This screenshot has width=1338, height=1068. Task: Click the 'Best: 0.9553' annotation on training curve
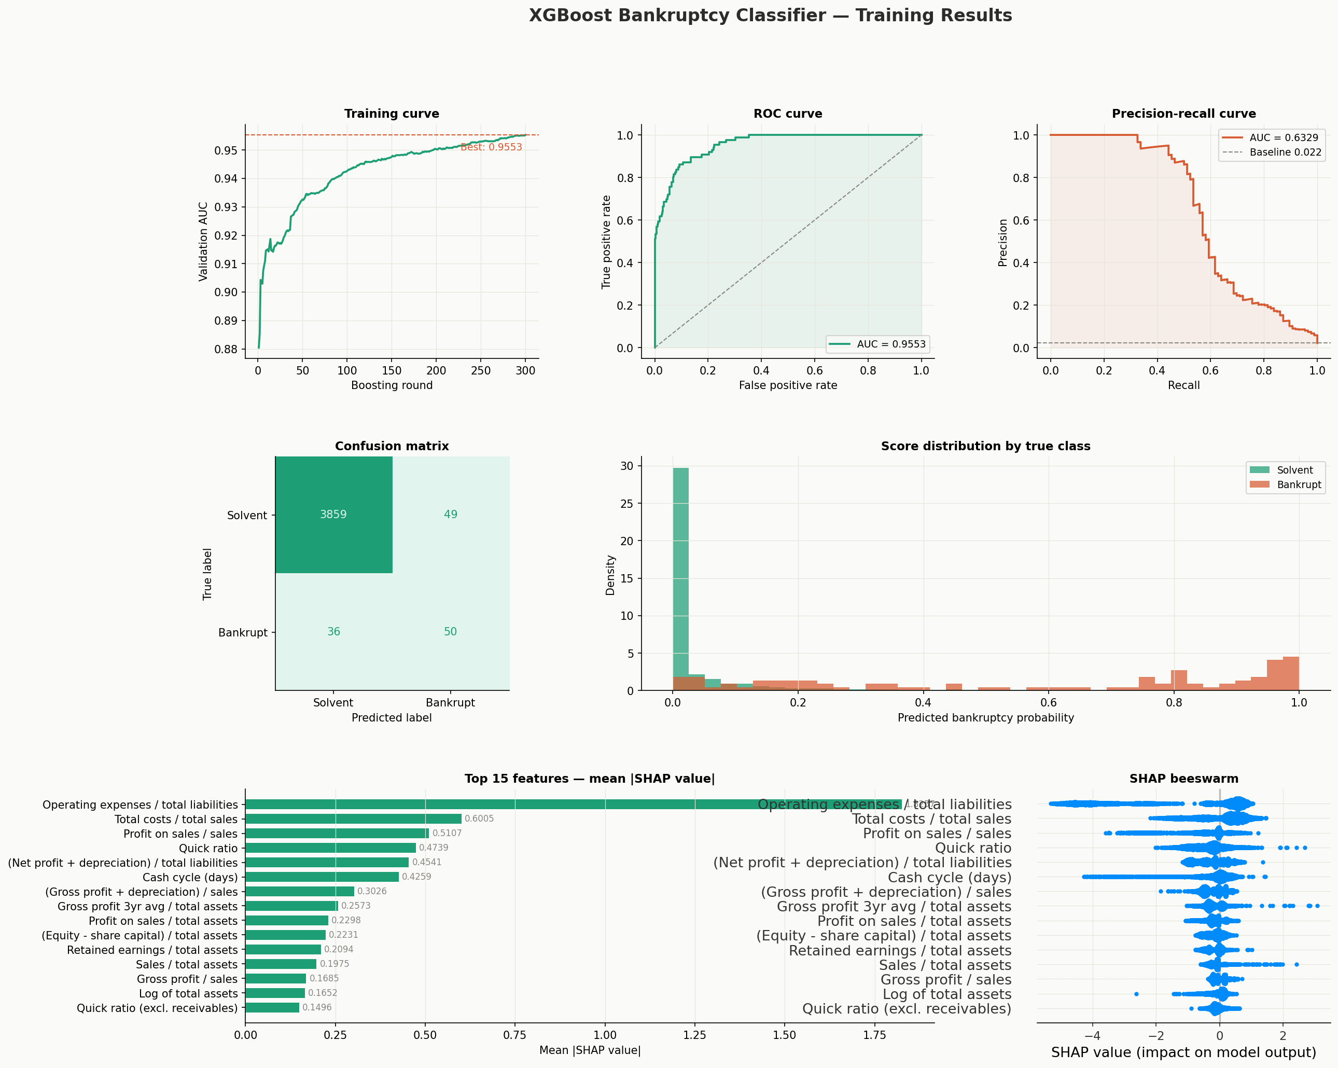[491, 147]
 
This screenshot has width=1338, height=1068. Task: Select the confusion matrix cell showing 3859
[333, 515]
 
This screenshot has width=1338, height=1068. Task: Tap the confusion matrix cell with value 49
[451, 515]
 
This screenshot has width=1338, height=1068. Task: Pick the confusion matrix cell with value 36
[333, 632]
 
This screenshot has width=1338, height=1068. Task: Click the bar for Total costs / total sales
[353, 819]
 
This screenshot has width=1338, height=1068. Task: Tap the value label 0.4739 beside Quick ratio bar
[433, 848]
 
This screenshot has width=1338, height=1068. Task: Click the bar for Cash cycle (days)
[322, 877]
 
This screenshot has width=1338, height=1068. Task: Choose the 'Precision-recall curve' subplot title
[1183, 114]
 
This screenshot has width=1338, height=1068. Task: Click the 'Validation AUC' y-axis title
[203, 241]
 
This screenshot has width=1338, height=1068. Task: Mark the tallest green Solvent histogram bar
[680, 577]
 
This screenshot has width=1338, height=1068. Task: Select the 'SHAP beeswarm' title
[1183, 779]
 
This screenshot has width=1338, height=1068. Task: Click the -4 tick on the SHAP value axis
[1092, 1036]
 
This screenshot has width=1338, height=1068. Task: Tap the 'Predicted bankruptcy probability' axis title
[985, 718]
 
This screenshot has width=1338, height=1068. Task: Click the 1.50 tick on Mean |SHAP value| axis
[785, 1035]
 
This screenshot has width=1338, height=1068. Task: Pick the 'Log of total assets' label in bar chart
[188, 993]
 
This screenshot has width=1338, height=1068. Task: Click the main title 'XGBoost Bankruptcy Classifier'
[770, 16]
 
